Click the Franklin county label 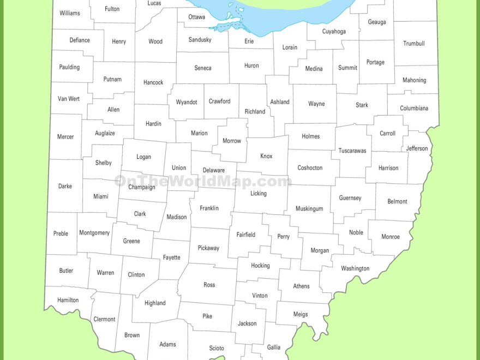(x=209, y=208)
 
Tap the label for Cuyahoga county (x=334, y=32)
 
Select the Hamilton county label (x=68, y=300)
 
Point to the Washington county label (x=355, y=268)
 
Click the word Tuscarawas (x=352, y=151)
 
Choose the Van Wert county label (x=69, y=99)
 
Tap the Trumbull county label (x=413, y=44)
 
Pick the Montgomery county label (x=94, y=233)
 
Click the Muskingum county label (x=309, y=209)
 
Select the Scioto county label (x=217, y=348)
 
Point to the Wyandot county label (x=187, y=102)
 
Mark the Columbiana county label (x=414, y=108)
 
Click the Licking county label (x=259, y=193)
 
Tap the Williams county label (x=69, y=13)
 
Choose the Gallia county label (x=274, y=347)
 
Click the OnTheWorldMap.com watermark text (x=203, y=182)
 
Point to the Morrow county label (x=232, y=141)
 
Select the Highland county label (x=155, y=303)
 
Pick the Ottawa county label (x=197, y=17)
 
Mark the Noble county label (x=356, y=232)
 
